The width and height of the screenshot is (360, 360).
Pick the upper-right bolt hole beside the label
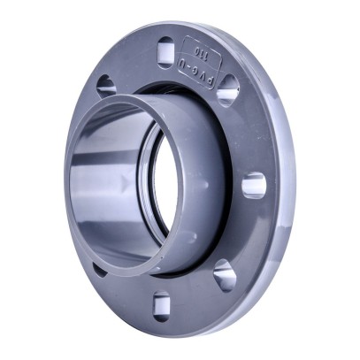point(228,89)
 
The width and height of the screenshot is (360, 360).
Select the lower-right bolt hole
point(225,274)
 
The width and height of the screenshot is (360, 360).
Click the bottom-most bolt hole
point(161,305)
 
